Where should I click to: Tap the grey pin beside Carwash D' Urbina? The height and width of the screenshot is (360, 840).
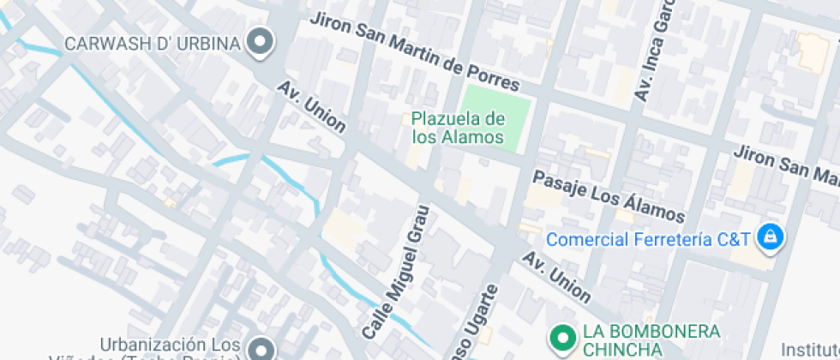point(259,40)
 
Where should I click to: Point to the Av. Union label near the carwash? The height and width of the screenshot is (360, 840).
point(311,108)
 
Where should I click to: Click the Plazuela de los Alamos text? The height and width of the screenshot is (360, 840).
point(458,128)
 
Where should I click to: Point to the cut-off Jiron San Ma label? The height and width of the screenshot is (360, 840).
point(785,165)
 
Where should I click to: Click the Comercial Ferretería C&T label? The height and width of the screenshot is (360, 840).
point(649,238)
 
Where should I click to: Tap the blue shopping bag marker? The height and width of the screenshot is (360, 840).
point(771,237)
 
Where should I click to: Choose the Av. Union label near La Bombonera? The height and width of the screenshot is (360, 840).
point(556,279)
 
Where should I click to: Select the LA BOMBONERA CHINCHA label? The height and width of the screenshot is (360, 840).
point(651,340)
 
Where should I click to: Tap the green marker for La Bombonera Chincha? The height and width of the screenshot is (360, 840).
point(562,339)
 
